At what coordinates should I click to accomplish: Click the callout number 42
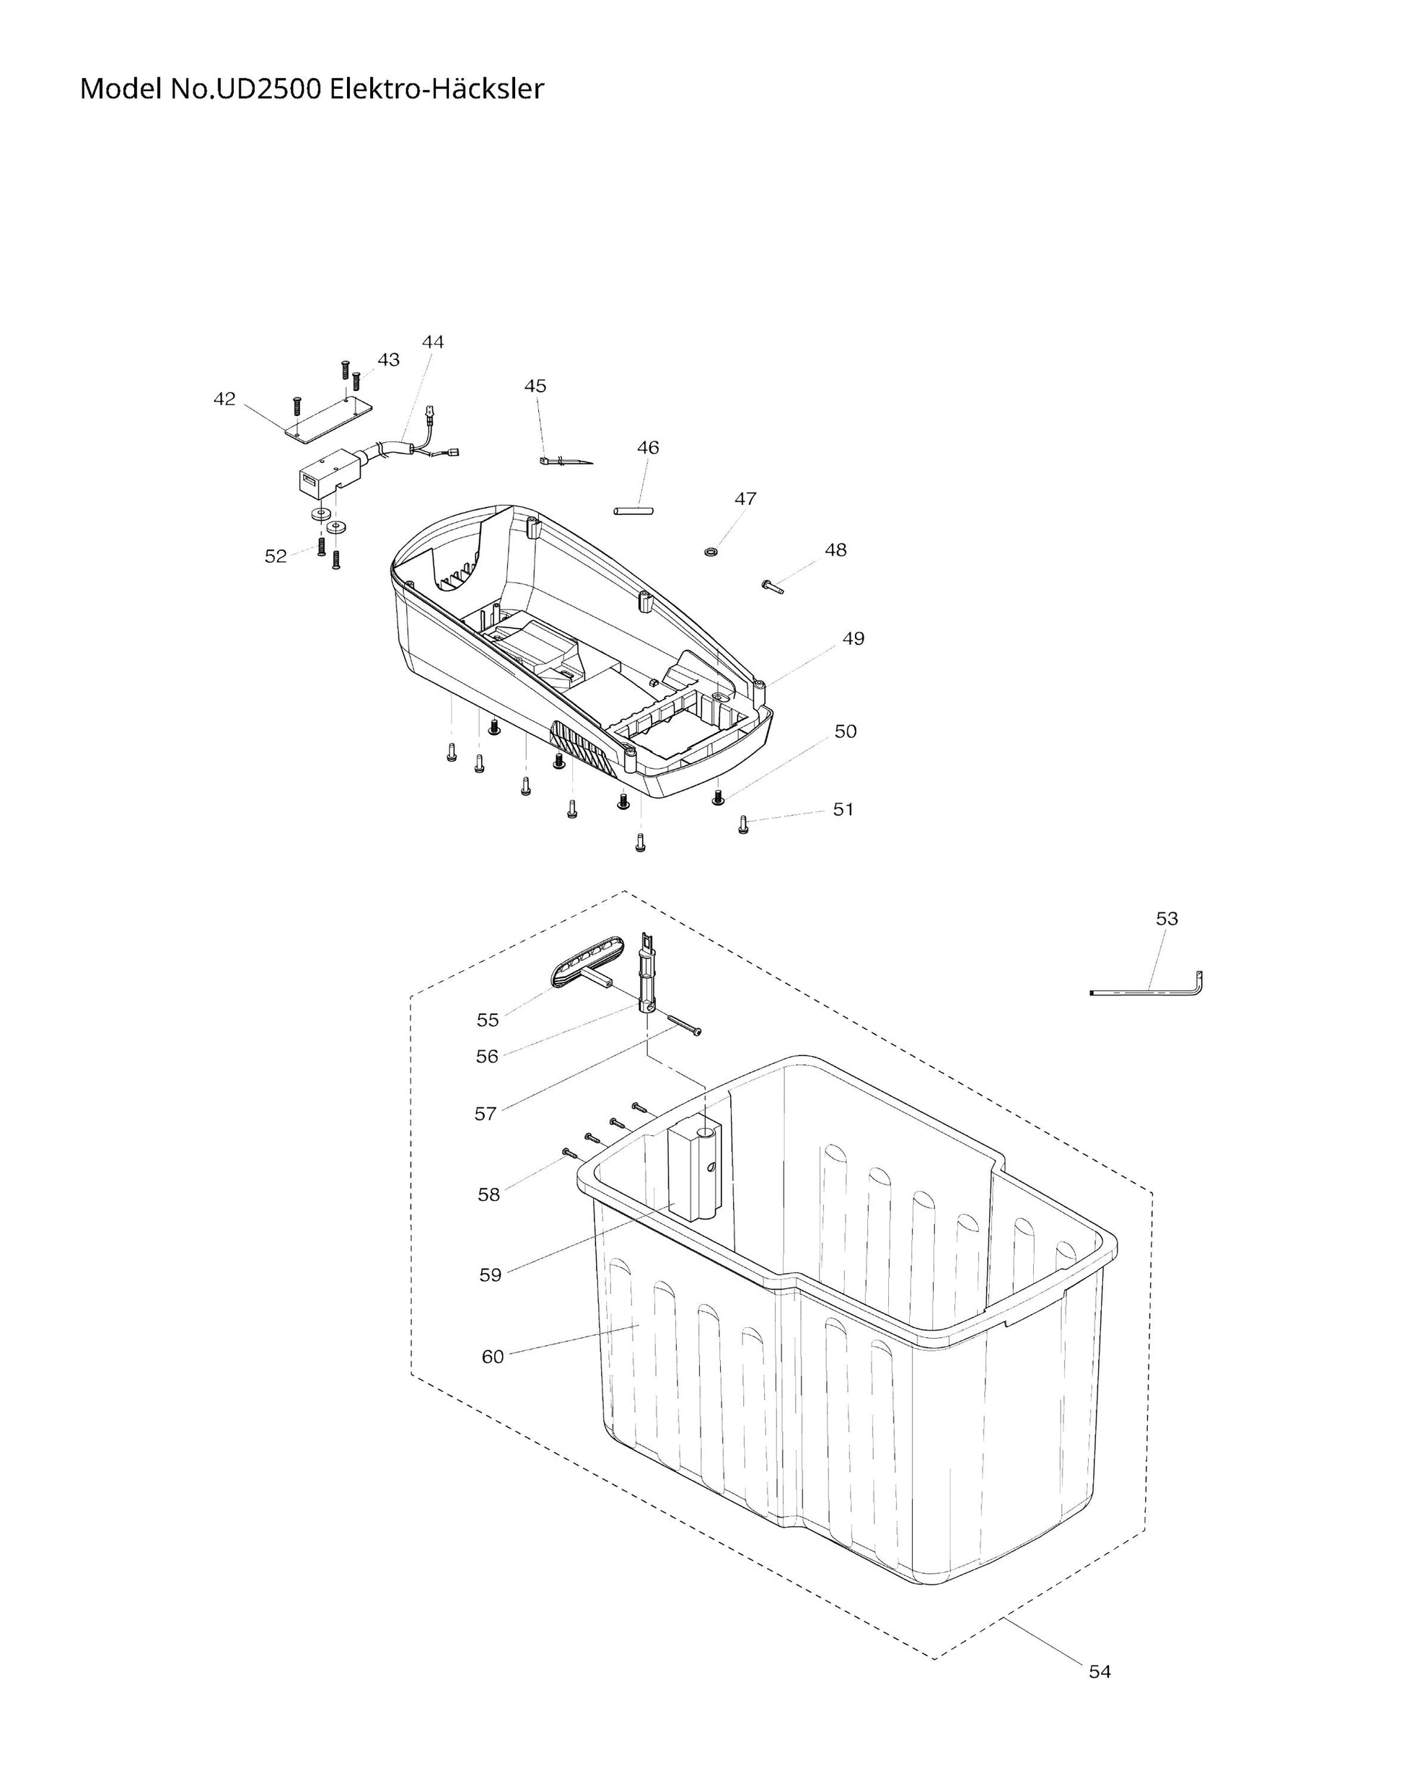coord(224,400)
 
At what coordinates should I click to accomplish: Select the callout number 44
coord(432,342)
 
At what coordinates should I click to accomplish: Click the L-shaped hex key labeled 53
coord(1151,992)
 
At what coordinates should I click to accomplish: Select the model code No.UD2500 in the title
coord(246,89)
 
